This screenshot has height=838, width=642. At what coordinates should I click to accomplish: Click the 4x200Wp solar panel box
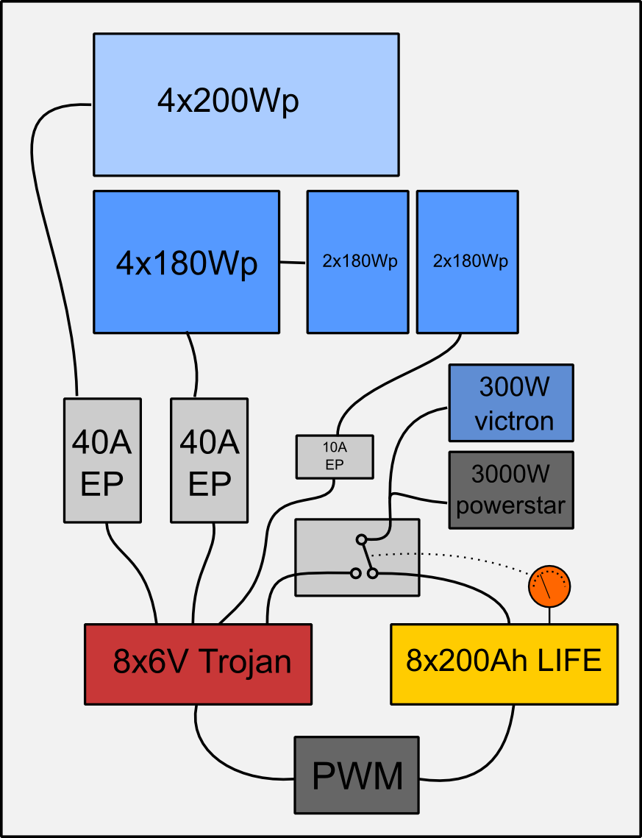coord(246,104)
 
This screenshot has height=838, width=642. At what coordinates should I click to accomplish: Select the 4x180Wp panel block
coord(186,262)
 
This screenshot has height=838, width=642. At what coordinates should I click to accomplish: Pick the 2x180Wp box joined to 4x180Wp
coord(357,262)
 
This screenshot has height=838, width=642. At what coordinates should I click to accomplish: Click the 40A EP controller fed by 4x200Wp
coord(102,461)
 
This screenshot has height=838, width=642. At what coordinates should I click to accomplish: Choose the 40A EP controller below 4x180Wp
coord(210,461)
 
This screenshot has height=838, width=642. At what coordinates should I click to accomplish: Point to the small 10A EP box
coord(335,456)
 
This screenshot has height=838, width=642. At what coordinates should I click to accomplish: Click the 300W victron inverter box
coord(510,402)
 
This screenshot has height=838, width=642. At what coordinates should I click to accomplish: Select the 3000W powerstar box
coord(510,490)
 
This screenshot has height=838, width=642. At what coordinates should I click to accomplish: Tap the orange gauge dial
coord(549,586)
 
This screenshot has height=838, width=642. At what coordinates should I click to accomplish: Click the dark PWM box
coord(357,775)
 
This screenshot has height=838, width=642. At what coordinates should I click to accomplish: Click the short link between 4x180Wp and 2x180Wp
coord(293,263)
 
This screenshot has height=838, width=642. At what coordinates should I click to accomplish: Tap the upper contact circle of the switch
coord(361,539)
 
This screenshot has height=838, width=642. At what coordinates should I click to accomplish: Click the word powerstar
coord(510,506)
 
